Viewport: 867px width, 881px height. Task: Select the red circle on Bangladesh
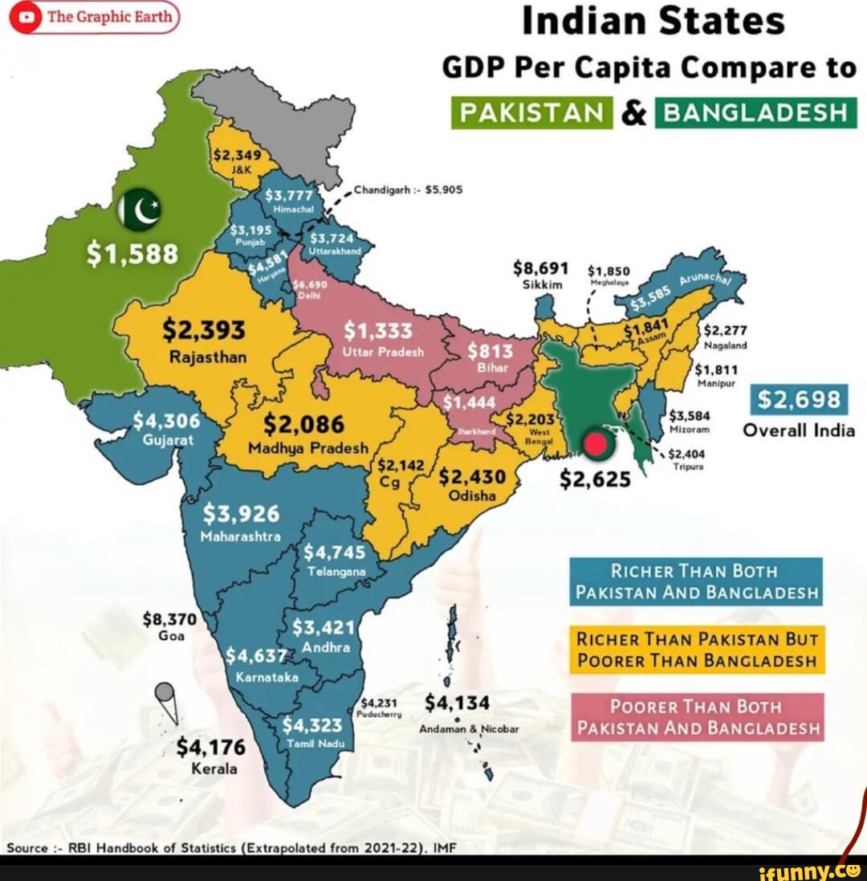click(594, 444)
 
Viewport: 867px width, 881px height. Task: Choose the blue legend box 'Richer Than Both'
click(696, 582)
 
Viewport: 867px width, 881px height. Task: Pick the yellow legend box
click(696, 651)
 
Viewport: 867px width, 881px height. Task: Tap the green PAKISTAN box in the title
click(531, 112)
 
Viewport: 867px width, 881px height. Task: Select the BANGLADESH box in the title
click(756, 112)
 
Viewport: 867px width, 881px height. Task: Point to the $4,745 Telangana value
click(335, 552)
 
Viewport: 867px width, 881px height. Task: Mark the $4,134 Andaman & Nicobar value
click(457, 703)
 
